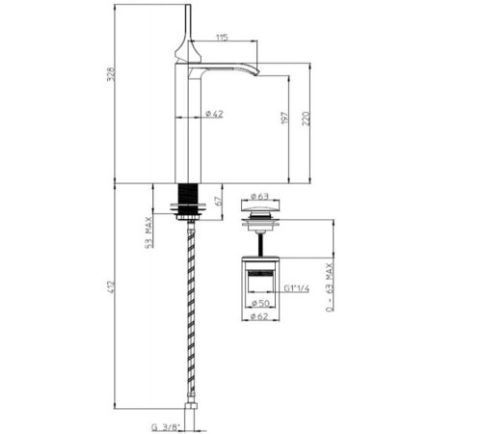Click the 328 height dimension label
click(110, 74)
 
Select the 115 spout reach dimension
click(222, 38)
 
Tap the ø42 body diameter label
click(214, 114)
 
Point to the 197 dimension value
click(285, 118)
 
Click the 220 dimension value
click(307, 119)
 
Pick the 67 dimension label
click(219, 201)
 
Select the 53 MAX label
click(148, 232)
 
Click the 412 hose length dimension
click(111, 286)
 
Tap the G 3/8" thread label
click(166, 427)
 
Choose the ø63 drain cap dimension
click(259, 196)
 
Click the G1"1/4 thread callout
click(297, 288)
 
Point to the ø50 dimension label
click(260, 303)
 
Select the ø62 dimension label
click(259, 316)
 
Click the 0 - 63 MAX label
click(330, 287)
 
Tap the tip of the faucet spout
click(256, 74)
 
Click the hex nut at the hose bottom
click(191, 405)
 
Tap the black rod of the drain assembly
click(261, 245)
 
